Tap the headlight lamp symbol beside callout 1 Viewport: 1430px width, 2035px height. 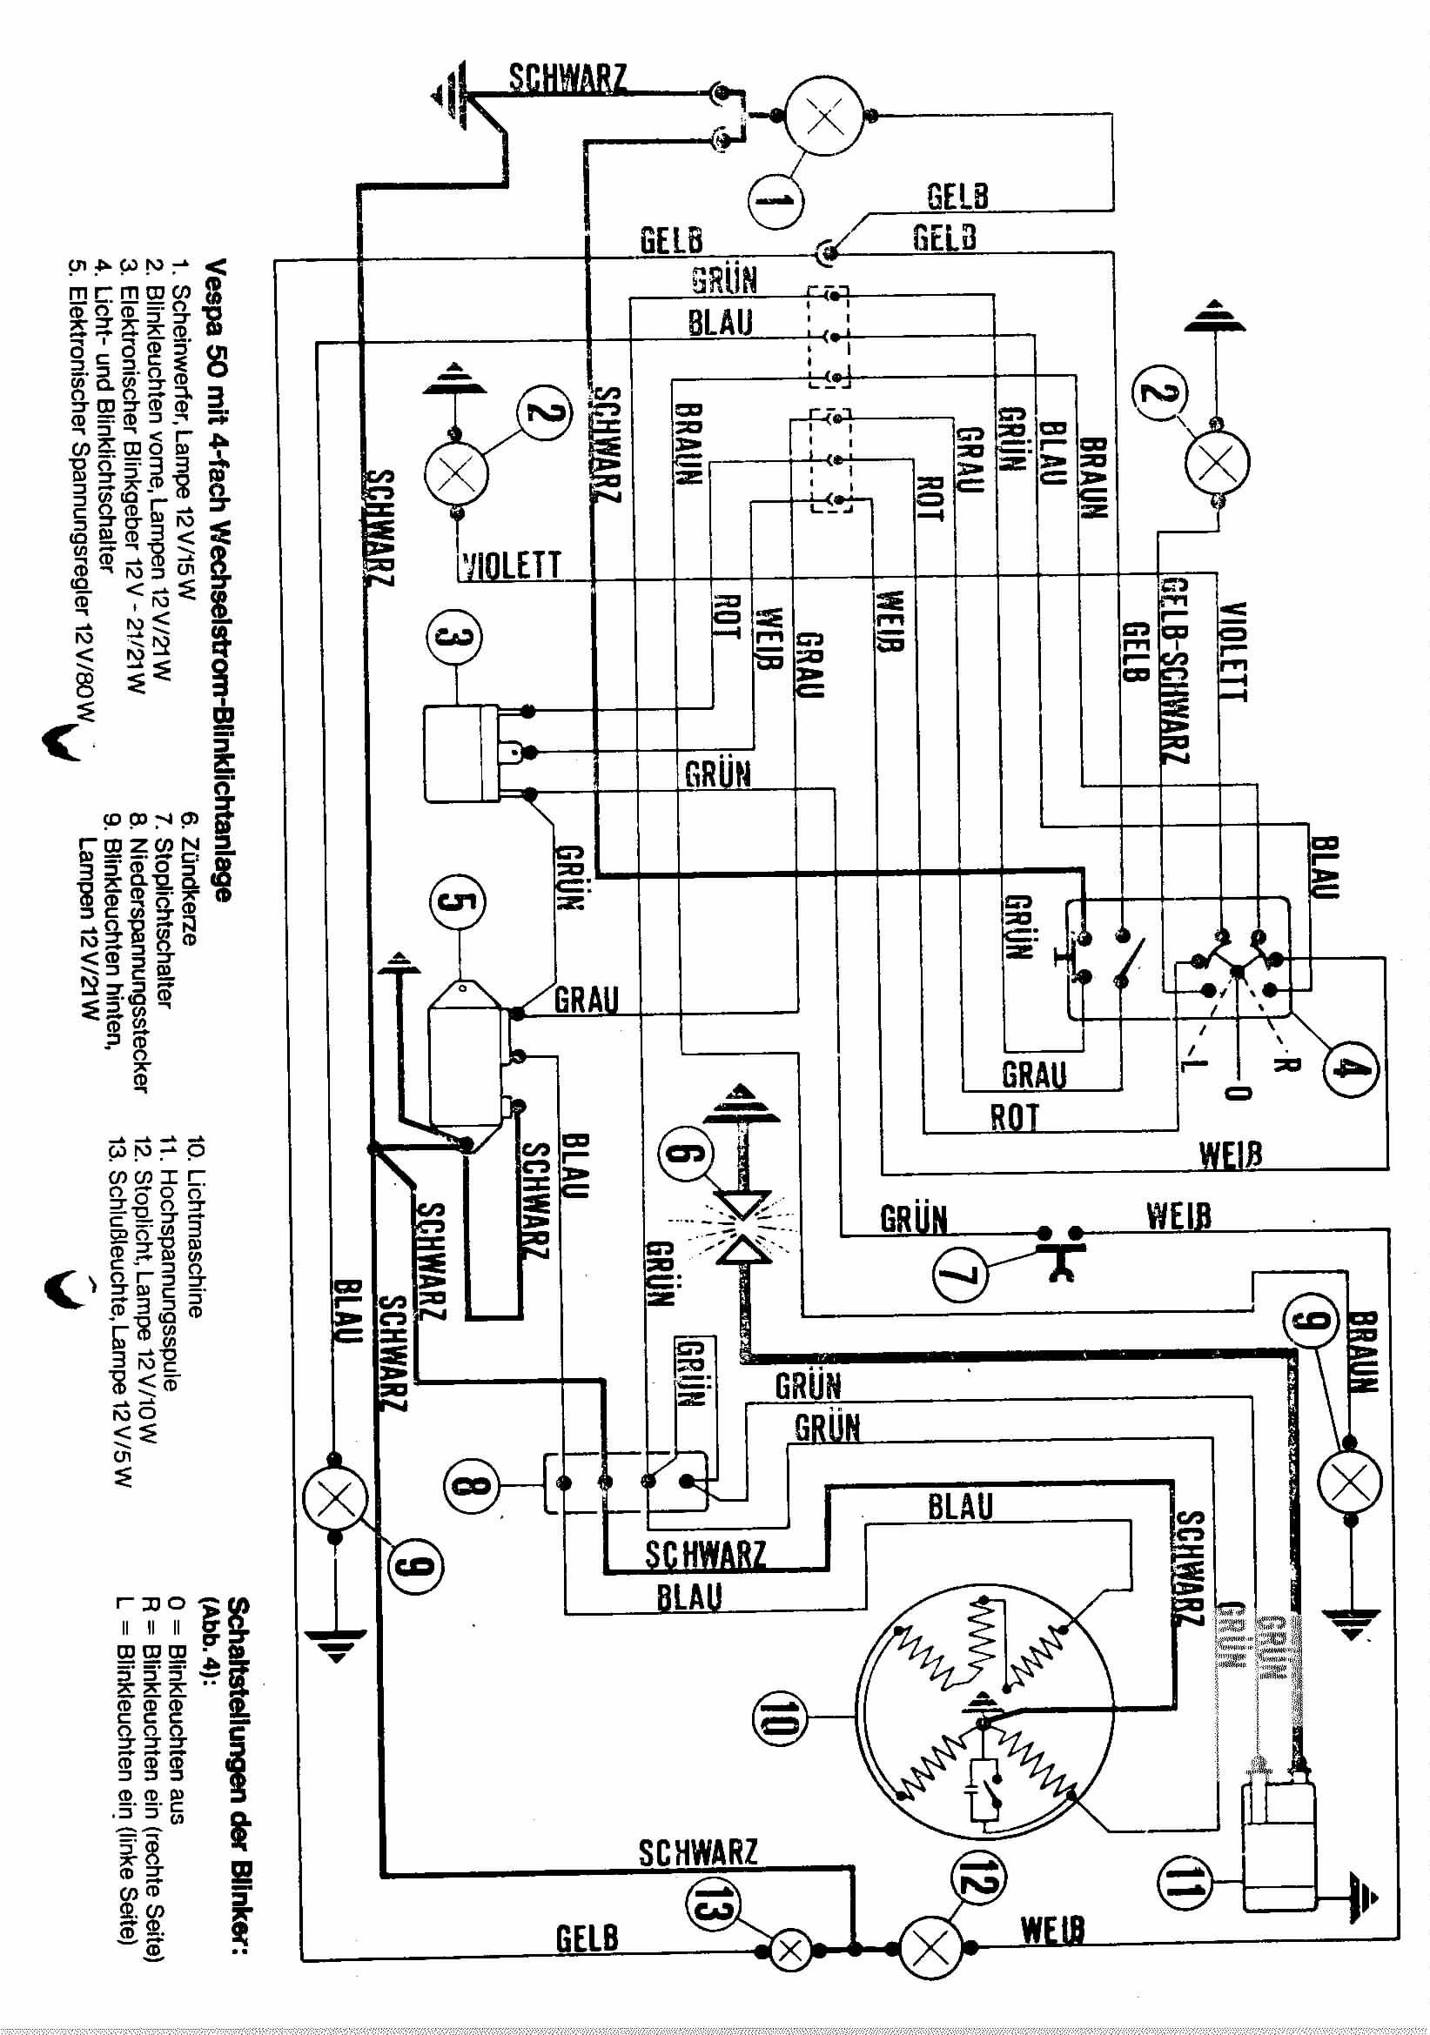(824, 115)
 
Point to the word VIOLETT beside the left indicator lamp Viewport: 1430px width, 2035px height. (512, 566)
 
